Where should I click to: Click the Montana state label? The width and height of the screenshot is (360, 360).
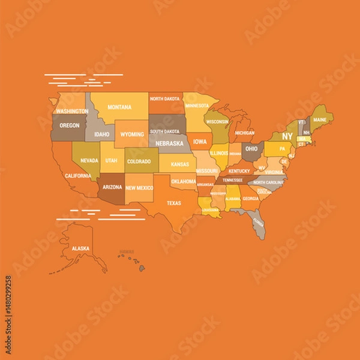(119, 107)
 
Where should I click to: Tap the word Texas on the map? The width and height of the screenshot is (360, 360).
(173, 203)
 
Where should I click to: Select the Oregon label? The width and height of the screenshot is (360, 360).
(70, 125)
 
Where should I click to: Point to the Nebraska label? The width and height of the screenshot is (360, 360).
(169, 143)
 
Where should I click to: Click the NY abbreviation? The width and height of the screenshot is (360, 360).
(287, 136)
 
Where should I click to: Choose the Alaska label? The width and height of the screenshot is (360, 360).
(80, 248)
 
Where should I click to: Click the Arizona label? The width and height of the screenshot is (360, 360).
(112, 187)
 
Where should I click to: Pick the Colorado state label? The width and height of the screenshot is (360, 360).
(139, 161)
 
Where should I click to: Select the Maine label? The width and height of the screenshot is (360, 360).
(320, 119)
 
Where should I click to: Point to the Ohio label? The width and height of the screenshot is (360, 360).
(251, 149)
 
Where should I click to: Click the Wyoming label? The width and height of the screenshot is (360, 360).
(132, 134)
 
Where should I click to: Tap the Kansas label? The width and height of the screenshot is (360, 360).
(179, 164)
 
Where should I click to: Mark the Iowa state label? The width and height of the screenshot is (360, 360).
(200, 142)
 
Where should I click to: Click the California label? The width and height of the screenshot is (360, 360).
(78, 176)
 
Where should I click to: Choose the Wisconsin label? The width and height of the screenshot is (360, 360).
(217, 122)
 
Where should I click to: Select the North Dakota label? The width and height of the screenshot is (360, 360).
(164, 99)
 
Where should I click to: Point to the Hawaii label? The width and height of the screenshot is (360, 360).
(126, 252)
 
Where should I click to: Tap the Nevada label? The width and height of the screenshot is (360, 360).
(89, 160)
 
